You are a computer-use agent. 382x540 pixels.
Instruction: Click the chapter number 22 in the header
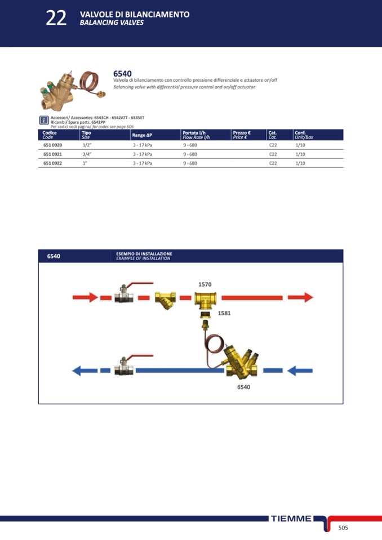[56, 18]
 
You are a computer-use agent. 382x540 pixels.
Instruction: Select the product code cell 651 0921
[53, 154]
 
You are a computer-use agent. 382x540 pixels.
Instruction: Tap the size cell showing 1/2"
[86, 145]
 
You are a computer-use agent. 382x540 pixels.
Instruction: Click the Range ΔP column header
[142, 135]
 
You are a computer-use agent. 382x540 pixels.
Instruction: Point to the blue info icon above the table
[44, 120]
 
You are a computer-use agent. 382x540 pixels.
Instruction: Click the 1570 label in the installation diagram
[205, 284]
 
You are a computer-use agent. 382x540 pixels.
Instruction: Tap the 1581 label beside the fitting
[224, 313]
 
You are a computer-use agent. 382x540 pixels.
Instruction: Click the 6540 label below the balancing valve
[243, 387]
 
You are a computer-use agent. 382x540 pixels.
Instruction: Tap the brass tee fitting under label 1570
[205, 300]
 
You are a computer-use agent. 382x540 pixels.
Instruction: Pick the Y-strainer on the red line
[165, 300]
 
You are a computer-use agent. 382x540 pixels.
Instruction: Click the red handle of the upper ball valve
[140, 284]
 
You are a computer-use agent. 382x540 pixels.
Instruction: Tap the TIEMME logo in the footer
[291, 518]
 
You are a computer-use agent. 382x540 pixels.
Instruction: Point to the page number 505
[343, 528]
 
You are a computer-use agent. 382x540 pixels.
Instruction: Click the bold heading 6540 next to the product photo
[122, 74]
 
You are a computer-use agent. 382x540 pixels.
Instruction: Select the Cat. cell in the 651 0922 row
[273, 163]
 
